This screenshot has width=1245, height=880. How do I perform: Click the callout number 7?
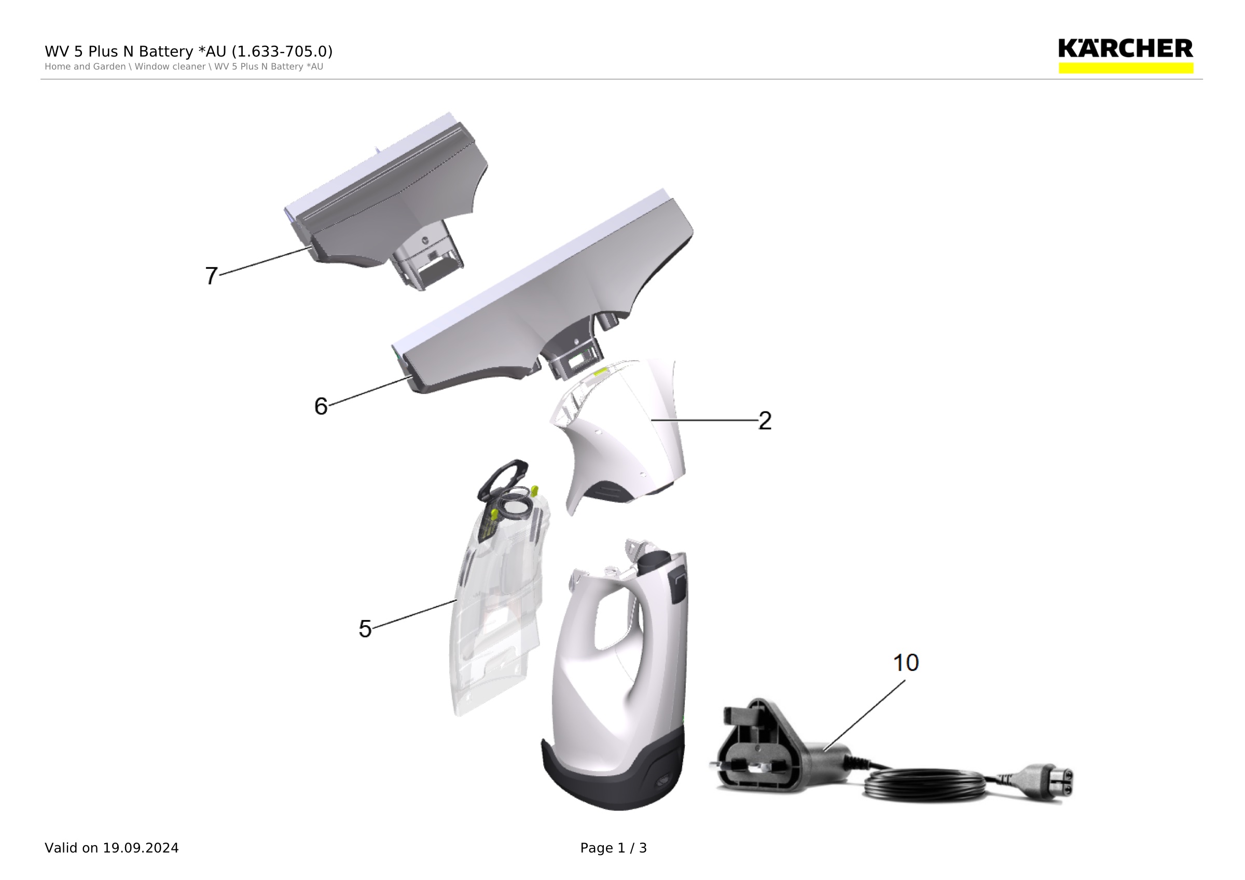tap(212, 276)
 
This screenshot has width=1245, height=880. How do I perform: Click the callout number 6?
tap(321, 406)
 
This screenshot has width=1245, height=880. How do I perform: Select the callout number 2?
tap(765, 420)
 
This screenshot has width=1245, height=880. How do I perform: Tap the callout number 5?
tap(365, 629)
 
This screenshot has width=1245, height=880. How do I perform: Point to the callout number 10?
tap(906, 663)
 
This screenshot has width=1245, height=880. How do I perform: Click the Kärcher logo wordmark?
tap(1126, 49)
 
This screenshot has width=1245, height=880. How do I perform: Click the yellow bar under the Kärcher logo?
tap(1126, 68)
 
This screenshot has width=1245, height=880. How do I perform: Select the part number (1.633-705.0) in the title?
tap(282, 51)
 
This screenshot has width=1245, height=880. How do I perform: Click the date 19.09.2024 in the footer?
tap(141, 848)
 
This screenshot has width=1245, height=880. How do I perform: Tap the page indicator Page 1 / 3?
tap(613, 848)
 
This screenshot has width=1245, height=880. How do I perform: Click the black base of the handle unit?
tap(613, 775)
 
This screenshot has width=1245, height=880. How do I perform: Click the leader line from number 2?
tap(704, 420)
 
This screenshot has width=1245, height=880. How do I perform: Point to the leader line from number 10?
tap(864, 715)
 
